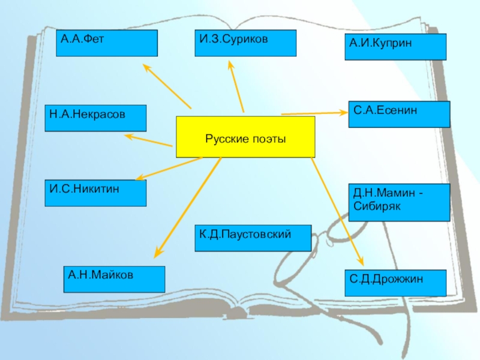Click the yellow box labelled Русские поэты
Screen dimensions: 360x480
point(245,137)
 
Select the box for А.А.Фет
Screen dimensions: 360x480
point(106,43)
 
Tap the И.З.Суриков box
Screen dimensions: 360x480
point(245,43)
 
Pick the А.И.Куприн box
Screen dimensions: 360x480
point(395,47)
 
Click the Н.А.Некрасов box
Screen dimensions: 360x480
point(95,118)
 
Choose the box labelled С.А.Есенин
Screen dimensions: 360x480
point(399,114)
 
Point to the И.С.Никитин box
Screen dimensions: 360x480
point(95,193)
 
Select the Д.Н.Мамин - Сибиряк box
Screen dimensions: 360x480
point(399,202)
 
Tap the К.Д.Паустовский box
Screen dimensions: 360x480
point(253,238)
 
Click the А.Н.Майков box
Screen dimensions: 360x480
point(114,280)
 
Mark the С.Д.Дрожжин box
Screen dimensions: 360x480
point(395,283)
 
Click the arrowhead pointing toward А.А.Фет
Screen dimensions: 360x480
point(146,67)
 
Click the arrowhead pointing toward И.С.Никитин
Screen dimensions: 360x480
point(139,178)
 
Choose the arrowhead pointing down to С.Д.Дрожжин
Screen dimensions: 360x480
point(360,262)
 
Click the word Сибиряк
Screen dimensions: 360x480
point(376,206)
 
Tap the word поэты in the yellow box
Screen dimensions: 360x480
point(269,139)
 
